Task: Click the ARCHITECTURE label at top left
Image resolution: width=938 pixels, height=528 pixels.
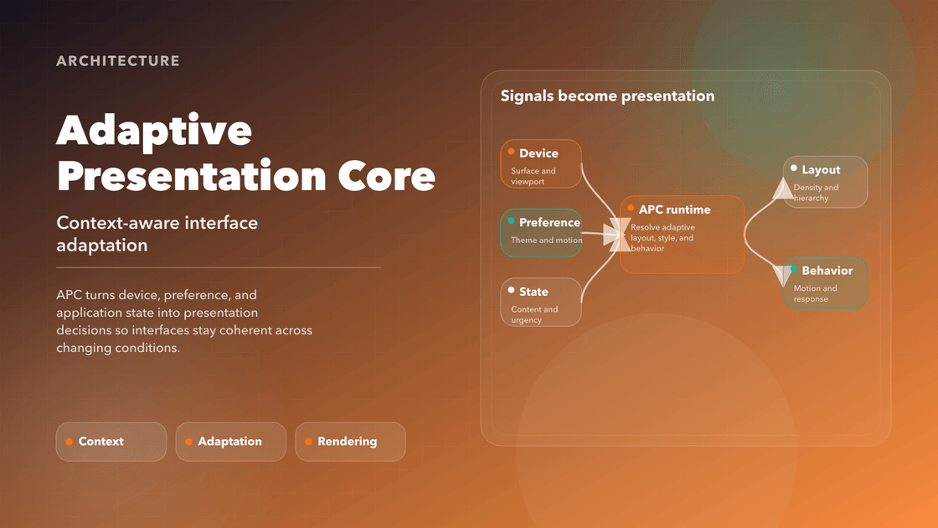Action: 118,61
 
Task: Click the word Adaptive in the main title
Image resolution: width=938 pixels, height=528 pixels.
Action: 154,131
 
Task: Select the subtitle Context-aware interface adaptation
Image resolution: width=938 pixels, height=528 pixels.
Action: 157,234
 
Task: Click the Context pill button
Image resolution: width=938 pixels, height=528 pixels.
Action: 111,442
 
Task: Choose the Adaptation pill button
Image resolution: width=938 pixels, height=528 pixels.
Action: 230,442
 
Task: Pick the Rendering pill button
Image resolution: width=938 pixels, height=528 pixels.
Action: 350,442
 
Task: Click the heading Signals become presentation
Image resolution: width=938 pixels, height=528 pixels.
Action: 607,96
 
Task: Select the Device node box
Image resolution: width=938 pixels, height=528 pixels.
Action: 541,164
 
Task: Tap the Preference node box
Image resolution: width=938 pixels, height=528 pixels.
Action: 541,232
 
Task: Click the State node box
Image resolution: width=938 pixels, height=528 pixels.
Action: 541,302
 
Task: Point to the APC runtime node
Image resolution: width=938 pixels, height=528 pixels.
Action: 682,234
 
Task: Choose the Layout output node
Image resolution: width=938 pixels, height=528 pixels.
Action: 825,182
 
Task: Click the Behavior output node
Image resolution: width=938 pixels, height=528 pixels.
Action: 825,283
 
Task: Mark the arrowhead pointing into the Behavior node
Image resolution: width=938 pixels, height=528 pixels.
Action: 784,276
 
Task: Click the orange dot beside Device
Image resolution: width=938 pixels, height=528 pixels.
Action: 511,153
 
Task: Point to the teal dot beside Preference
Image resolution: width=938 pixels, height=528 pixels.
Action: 511,221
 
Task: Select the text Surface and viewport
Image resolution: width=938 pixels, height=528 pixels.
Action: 533,176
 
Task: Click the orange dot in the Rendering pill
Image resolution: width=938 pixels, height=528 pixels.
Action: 308,442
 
